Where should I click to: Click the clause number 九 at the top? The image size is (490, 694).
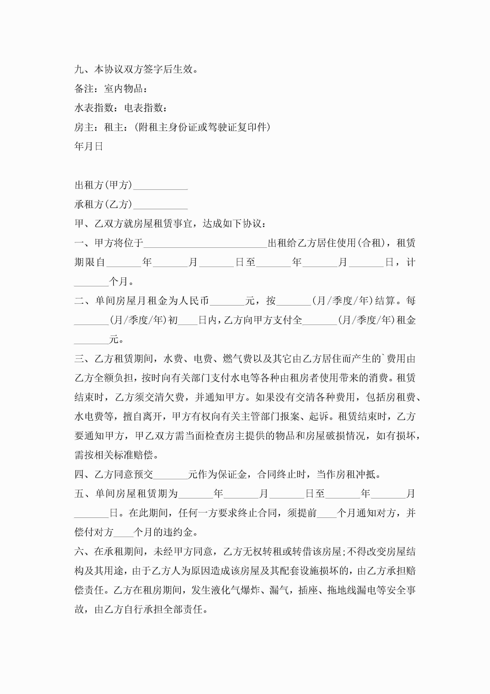pyautogui.click(x=79, y=69)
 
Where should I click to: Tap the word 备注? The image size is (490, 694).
pyautogui.click(x=84, y=89)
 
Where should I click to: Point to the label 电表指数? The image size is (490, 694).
pyautogui.click(x=143, y=108)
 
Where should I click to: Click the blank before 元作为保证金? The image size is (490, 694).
pyautogui.click(x=171, y=475)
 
